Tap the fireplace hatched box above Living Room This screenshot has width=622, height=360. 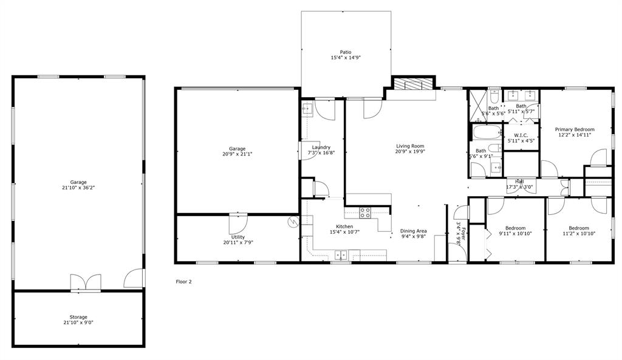tap(414, 84)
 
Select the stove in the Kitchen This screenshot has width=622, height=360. tap(366, 212)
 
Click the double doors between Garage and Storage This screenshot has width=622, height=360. tap(85, 283)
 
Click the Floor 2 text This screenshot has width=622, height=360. tap(183, 282)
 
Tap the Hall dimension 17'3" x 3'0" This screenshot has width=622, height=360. tap(519, 187)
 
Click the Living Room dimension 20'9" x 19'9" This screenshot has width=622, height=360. tap(410, 152)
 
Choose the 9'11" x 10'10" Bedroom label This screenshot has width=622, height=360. tap(515, 231)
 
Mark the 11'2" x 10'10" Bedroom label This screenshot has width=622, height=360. tap(578, 231)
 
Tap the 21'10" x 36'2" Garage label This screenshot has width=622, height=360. tap(78, 185)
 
